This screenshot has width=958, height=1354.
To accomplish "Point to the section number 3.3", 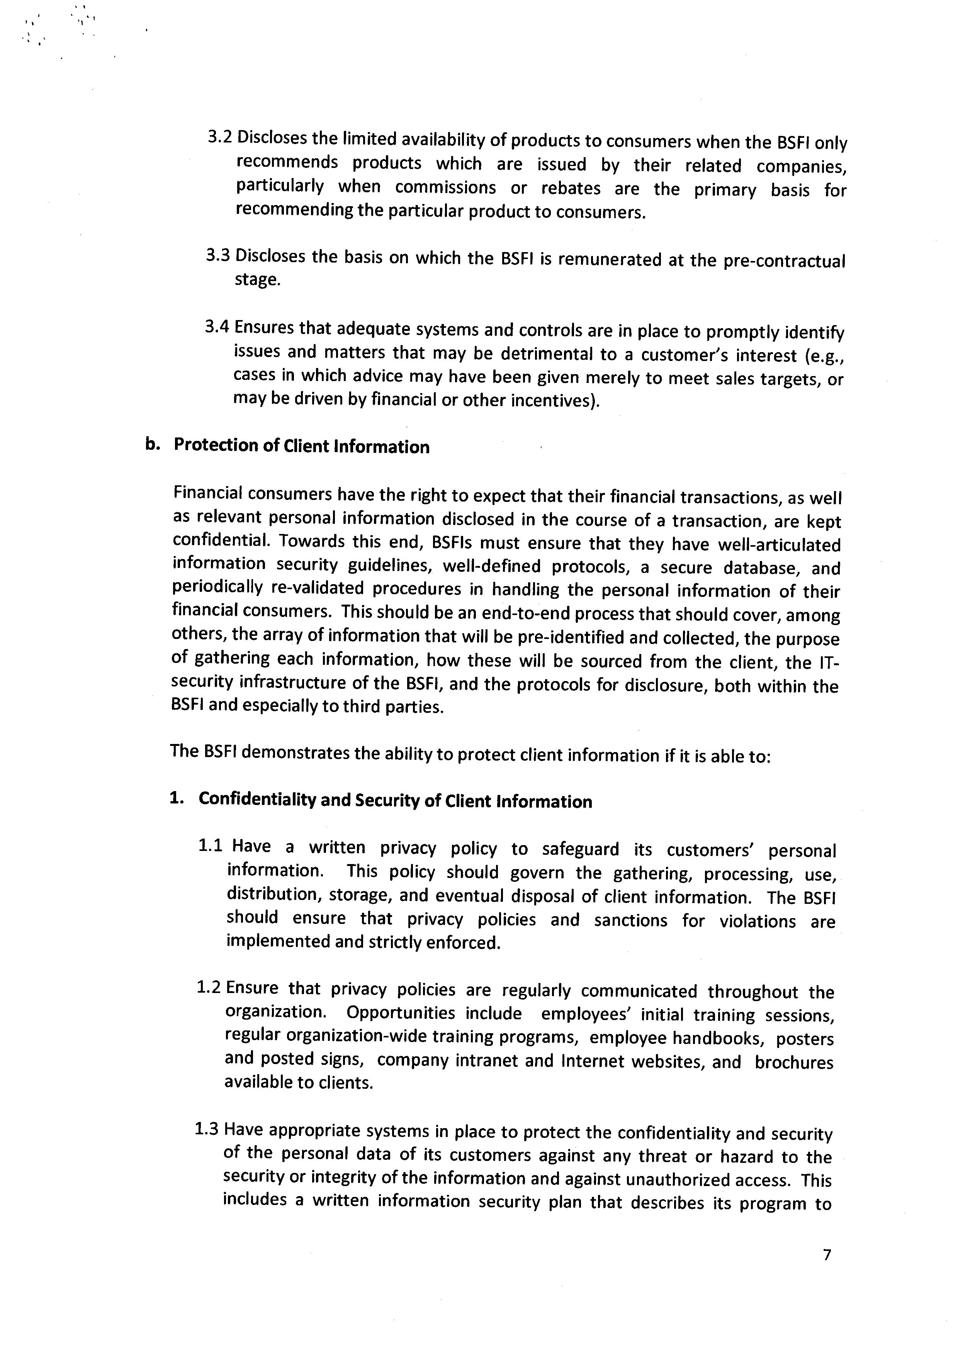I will [219, 256].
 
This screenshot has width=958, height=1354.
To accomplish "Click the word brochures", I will [794, 1062].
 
